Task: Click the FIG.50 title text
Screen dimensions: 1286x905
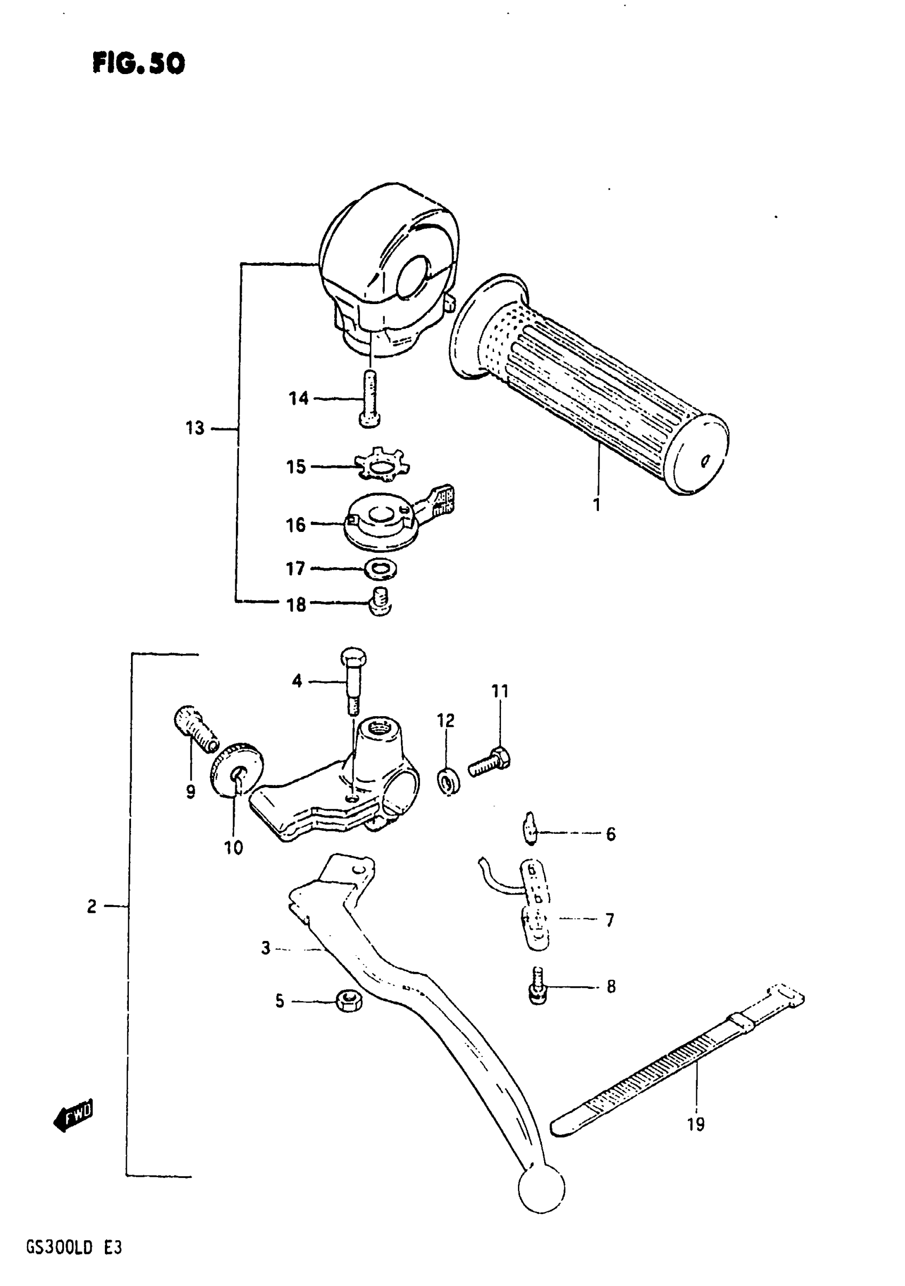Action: [x=138, y=63]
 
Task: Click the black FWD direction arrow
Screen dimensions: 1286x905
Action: [x=73, y=1116]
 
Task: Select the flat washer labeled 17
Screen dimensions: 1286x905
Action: [x=380, y=570]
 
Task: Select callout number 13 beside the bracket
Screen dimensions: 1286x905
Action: [x=195, y=429]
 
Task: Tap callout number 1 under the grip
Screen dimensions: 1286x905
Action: [x=596, y=504]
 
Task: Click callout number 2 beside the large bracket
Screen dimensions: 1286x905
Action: [x=92, y=906]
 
